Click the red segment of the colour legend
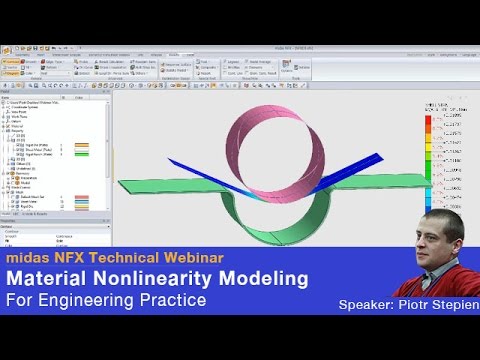tap(428, 120)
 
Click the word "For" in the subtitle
tap(19, 300)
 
